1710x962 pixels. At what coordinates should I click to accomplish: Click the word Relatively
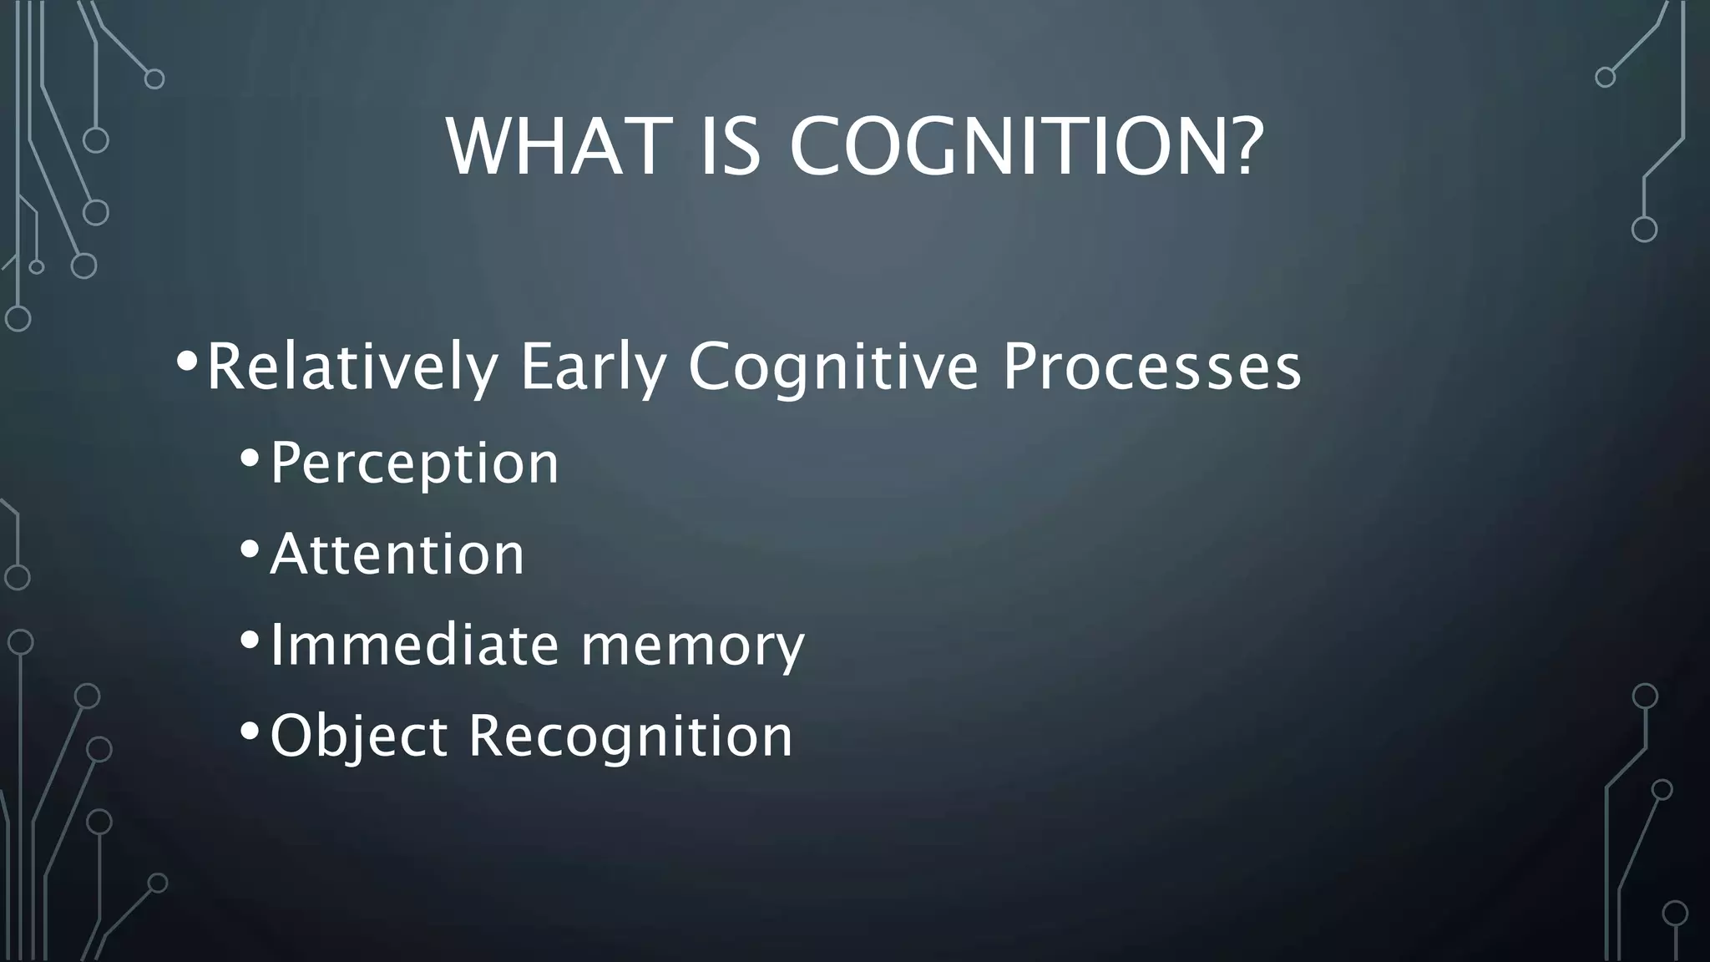[352, 367]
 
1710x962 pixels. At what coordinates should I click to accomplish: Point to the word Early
[593, 367]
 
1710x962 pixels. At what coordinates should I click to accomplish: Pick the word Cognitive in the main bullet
[832, 367]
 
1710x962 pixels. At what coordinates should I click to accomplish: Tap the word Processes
[1151, 367]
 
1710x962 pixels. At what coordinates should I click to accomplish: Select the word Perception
[414, 463]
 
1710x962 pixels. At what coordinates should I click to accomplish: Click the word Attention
[397, 554]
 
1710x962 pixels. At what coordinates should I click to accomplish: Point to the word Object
[359, 737]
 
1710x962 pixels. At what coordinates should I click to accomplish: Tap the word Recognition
[630, 737]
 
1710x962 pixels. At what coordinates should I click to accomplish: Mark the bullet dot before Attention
[249, 549]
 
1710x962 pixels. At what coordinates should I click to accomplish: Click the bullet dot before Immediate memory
[249, 640]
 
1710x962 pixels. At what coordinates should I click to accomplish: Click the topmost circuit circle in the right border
[1605, 78]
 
